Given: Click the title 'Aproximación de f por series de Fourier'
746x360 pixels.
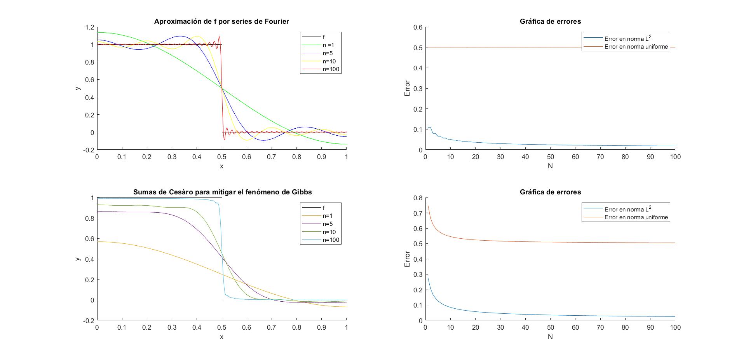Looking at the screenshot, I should click(221, 21).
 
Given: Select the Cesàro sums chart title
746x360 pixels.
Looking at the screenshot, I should click(222, 192).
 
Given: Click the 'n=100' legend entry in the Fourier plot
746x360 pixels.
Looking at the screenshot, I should click(331, 70).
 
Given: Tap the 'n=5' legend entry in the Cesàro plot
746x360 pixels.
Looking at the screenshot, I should click(328, 224).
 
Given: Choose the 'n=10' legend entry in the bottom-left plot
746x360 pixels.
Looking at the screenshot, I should click(329, 232).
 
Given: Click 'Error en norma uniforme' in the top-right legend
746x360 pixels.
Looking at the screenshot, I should click(636, 47).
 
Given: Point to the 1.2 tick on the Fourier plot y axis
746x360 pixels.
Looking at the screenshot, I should click(90, 27).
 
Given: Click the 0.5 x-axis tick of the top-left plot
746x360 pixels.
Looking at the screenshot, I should click(222, 157).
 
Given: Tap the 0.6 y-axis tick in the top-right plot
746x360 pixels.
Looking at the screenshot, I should click(418, 27).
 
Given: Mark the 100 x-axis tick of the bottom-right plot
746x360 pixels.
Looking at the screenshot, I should click(675, 328).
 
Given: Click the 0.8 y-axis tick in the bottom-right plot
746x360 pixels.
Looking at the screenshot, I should click(418, 198).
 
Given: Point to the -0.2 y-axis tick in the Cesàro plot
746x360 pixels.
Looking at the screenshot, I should click(89, 321).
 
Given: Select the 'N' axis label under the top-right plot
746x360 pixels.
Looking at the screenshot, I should click(550, 166).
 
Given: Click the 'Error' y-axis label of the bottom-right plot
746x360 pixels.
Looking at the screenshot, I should click(407, 259).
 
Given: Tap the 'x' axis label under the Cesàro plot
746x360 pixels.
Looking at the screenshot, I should click(222, 337).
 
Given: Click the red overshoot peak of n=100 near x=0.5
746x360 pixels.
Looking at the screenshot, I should click(220, 37).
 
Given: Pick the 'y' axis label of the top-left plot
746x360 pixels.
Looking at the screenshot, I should click(78, 88).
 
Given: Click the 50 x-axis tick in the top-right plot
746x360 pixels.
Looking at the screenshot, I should click(550, 157).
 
